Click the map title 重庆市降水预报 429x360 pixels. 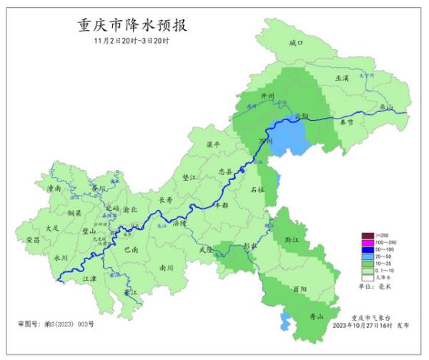coord(133,26)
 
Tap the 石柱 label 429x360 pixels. coord(257,190)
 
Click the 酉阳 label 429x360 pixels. coord(300,289)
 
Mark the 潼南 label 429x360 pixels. coord(54,190)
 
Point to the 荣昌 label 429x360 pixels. coord(33,241)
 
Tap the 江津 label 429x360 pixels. coord(89,279)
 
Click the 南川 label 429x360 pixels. coord(167,268)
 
